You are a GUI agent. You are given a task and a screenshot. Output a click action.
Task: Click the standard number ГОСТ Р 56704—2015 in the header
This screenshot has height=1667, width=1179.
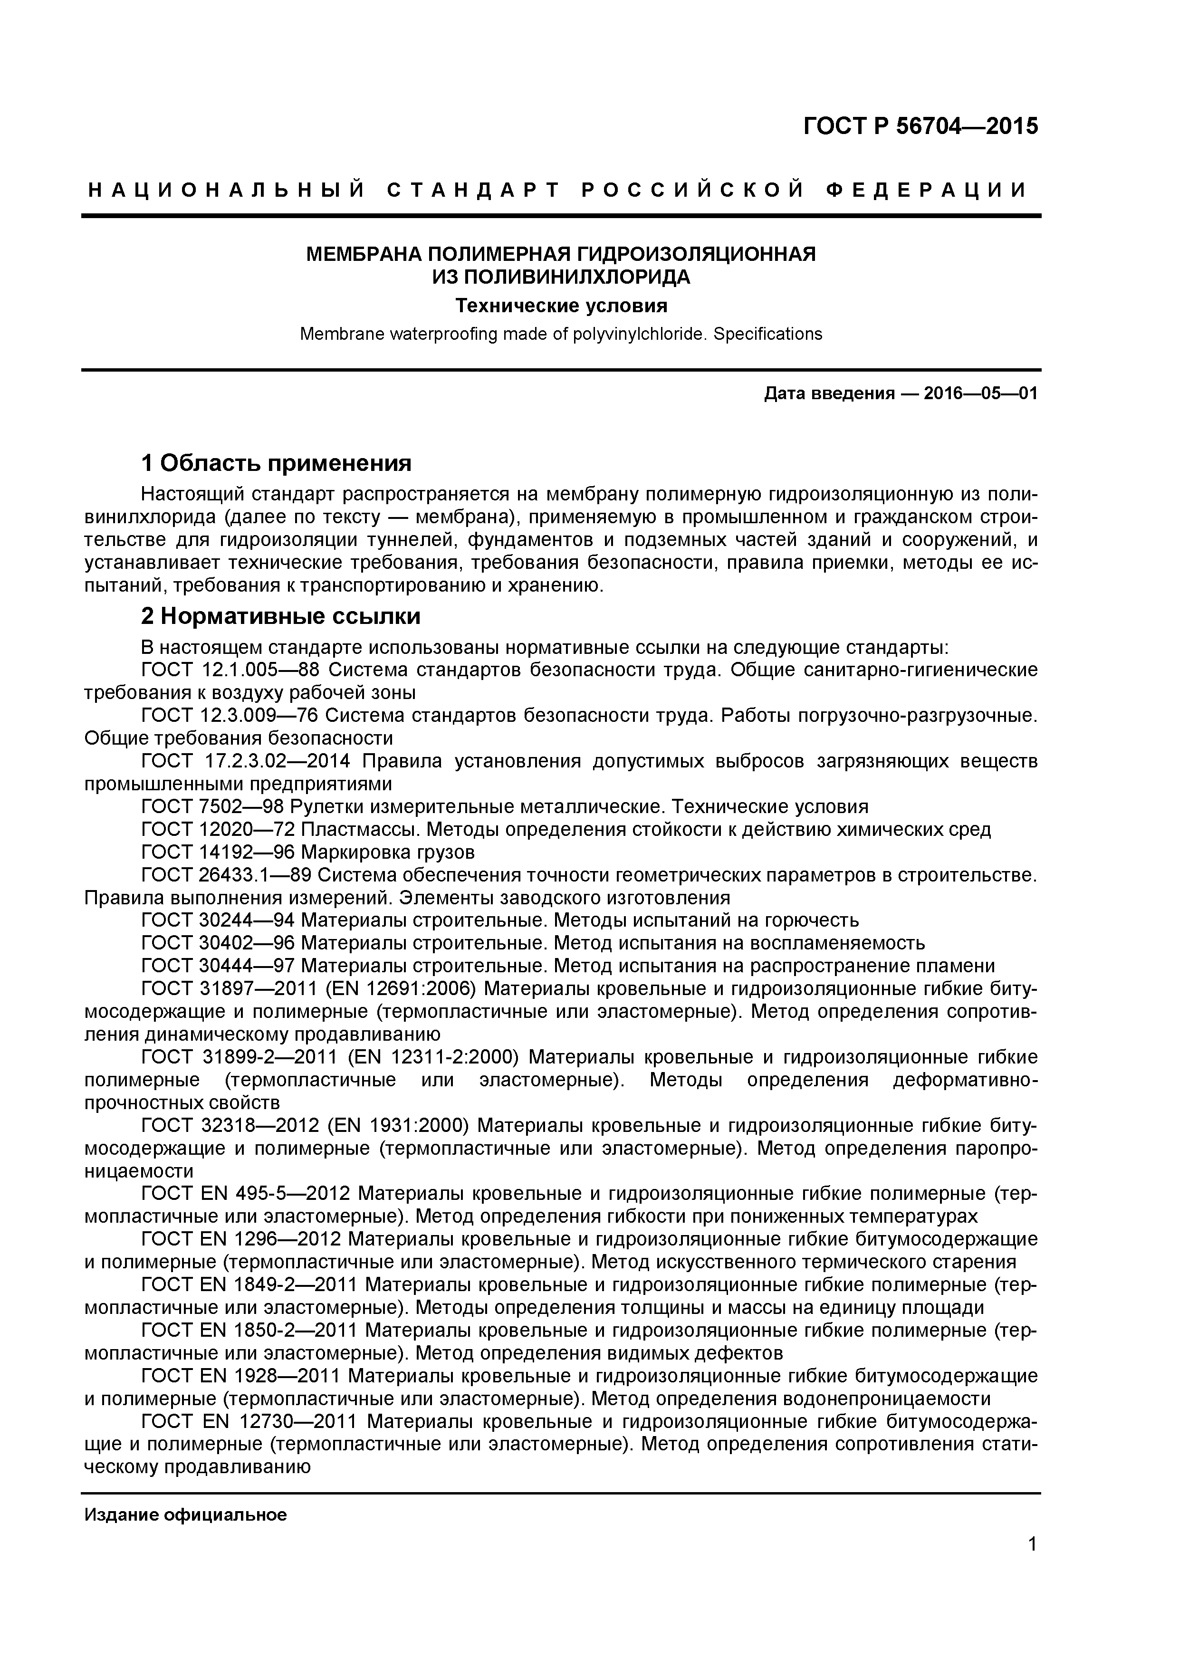pyautogui.click(x=920, y=126)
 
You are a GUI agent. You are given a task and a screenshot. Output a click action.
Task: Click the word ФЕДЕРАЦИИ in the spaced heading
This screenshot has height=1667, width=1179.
pyautogui.click(x=927, y=191)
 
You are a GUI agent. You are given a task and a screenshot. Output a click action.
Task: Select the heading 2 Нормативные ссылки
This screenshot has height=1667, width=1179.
pyautogui.click(x=281, y=616)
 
